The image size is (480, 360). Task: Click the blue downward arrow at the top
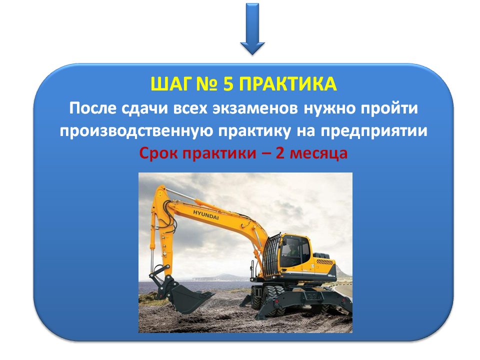(252, 29)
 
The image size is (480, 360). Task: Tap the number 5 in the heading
(228, 84)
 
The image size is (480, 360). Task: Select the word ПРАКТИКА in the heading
(288, 84)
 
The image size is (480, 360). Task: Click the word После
(93, 108)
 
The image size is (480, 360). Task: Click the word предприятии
(374, 131)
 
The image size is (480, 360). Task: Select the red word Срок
(159, 153)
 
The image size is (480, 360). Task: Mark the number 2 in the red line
(280, 153)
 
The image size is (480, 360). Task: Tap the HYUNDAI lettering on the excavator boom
(205, 215)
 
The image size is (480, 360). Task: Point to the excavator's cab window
(291, 248)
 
